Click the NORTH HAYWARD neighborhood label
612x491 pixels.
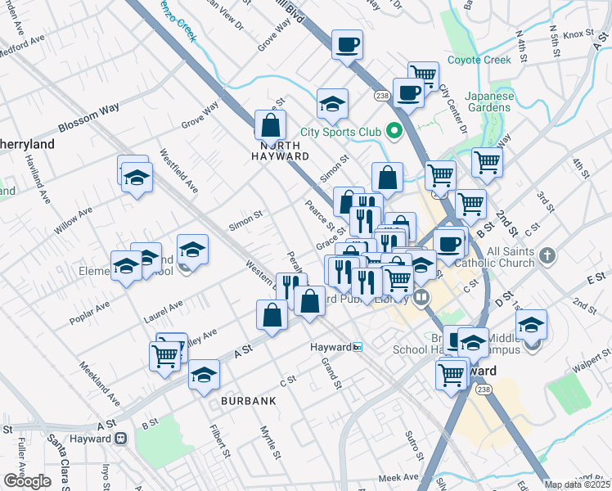(280, 149)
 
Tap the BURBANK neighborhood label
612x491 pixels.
(248, 401)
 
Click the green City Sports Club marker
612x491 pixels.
(394, 131)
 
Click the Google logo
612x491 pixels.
(27, 481)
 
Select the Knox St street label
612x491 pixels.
(578, 34)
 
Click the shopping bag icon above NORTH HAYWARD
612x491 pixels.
(270, 125)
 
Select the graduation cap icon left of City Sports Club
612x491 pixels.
(332, 104)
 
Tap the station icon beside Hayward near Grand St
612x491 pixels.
(358, 347)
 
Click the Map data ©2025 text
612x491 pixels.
(578, 484)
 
